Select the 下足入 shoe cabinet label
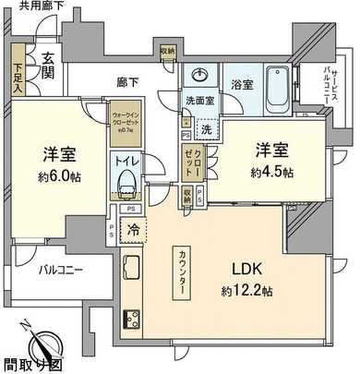[18, 71]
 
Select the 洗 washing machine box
[208, 129]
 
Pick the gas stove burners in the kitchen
[131, 322]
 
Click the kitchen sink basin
[131, 270]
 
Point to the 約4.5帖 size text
[271, 172]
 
